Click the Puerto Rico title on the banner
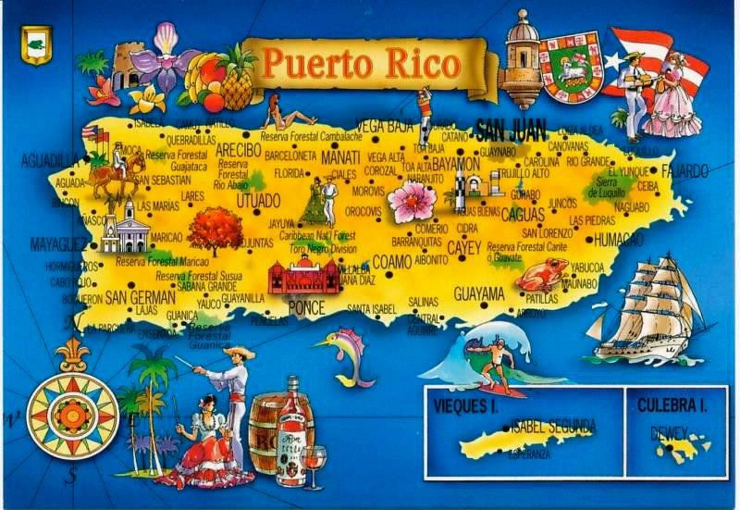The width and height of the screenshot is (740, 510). tap(359, 64)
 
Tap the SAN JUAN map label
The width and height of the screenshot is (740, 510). tap(510, 128)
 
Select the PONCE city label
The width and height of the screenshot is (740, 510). tap(306, 306)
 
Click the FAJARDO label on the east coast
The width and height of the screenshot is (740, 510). tap(685, 171)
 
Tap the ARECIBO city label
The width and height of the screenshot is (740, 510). tap(239, 149)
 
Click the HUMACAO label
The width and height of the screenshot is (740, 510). tap(618, 239)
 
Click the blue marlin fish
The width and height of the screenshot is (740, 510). tap(339, 356)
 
